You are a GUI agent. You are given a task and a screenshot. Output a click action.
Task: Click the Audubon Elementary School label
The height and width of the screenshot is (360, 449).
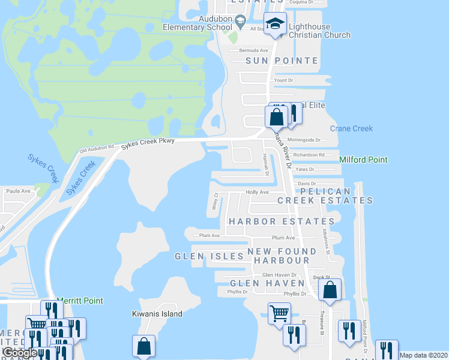[x=197, y=23]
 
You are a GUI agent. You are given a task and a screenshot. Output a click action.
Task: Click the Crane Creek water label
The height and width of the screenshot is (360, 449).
[x=351, y=128]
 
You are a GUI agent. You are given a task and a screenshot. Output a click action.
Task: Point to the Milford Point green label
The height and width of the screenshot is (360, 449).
[x=363, y=160]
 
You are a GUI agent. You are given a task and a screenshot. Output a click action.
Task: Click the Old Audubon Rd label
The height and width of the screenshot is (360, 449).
[x=97, y=148]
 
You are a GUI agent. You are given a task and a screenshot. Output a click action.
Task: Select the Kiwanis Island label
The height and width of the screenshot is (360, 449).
[x=157, y=314]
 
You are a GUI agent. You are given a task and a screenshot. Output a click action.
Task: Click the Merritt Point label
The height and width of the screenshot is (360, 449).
[x=79, y=301]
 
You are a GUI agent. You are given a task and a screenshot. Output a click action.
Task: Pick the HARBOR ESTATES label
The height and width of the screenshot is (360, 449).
[x=281, y=221]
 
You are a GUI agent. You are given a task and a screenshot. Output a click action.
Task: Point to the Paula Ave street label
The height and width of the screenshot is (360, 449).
[x=17, y=191]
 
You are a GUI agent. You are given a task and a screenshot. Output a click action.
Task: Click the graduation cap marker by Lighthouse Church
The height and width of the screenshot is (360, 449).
[x=276, y=24]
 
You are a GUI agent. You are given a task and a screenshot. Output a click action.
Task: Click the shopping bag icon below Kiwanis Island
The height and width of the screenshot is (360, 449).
[x=144, y=346]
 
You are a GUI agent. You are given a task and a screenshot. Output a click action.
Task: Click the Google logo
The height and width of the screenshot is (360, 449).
[x=20, y=353]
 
